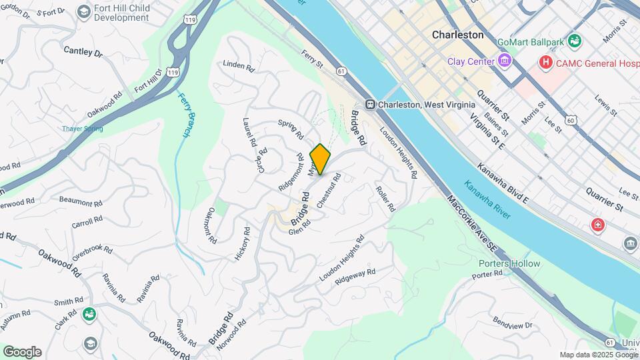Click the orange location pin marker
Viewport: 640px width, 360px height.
pyautogui.click(x=320, y=159)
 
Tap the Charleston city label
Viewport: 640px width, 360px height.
pyautogui.click(x=457, y=34)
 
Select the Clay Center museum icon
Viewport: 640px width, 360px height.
pyautogui.click(x=505, y=61)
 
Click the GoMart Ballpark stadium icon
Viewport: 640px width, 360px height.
pyautogui.click(x=575, y=42)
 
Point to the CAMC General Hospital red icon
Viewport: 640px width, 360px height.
pyautogui.click(x=546, y=62)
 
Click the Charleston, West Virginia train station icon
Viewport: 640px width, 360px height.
pyautogui.click(x=369, y=105)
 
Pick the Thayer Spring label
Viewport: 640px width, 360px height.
pyautogui.click(x=83, y=129)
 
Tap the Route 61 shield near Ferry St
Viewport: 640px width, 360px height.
pyautogui.click(x=341, y=70)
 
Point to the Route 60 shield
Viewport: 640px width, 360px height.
pyautogui.click(x=569, y=119)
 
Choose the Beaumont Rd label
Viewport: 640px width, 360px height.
pyautogui.click(x=80, y=201)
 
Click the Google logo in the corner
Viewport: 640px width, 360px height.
pyautogui.click(x=22, y=351)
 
